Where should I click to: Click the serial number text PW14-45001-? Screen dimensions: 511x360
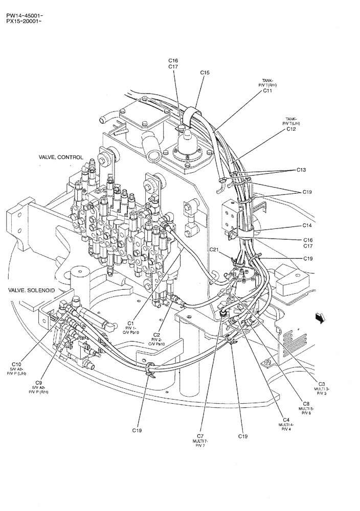point(25,15)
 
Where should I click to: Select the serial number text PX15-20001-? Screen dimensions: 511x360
point(25,21)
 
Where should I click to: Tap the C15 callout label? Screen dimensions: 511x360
point(205,73)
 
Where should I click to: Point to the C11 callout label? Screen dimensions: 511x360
point(267,91)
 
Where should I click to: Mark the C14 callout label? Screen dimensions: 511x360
point(307,225)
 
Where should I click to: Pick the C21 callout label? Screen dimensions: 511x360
point(215,249)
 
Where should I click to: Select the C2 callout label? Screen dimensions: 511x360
point(157,335)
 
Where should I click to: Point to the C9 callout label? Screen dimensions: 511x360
point(38,382)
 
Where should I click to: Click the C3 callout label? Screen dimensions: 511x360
point(322,384)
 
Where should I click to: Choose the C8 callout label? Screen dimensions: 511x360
point(306,403)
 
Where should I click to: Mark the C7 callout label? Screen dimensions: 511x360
point(200,436)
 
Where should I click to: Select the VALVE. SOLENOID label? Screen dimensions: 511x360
point(32,290)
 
